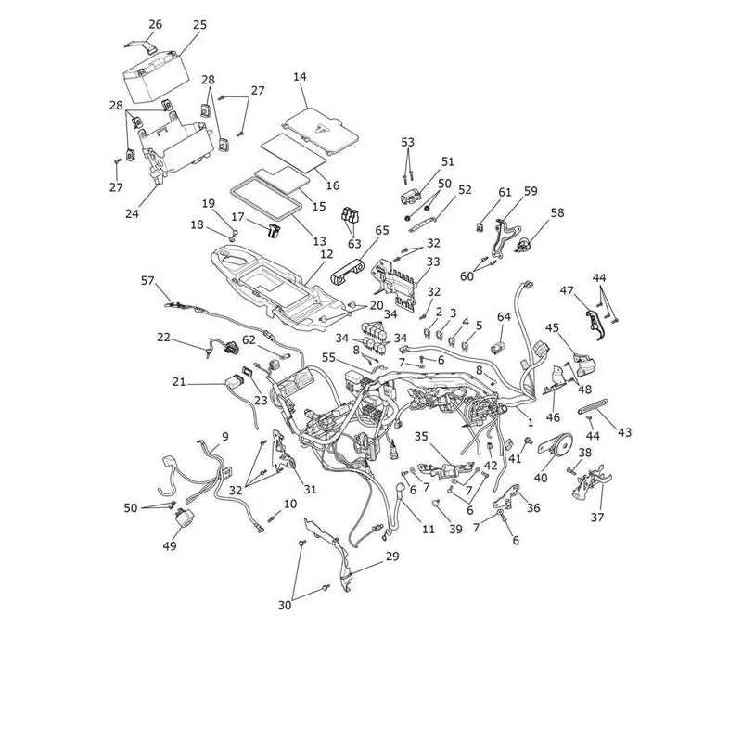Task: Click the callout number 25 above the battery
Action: tap(199, 25)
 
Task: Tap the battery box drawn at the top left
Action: tap(156, 78)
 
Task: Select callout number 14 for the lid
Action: tap(300, 77)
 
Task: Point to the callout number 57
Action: tap(147, 281)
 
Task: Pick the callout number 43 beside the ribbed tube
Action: tap(624, 432)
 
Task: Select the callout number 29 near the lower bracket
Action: tap(392, 556)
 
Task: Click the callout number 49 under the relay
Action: tap(170, 545)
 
